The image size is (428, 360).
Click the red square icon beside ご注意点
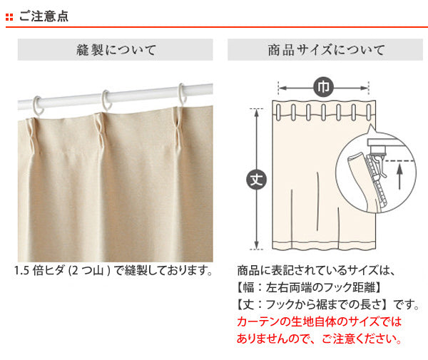(9, 17)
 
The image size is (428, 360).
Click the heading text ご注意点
(44, 16)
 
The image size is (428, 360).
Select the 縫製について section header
(115, 50)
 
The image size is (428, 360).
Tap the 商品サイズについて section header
(325, 50)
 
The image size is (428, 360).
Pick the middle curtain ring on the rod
(106, 101)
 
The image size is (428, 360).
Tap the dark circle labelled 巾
(323, 87)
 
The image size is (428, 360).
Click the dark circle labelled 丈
(256, 179)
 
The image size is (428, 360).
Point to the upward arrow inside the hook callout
(399, 176)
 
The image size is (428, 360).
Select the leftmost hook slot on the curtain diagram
(278, 112)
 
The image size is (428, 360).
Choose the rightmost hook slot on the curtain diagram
(369, 112)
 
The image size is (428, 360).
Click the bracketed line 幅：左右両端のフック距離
(308, 287)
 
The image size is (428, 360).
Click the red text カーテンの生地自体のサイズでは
(319, 322)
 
